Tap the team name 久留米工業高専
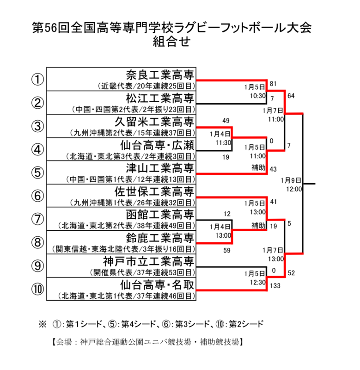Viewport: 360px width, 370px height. point(153,122)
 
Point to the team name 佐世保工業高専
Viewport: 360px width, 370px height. point(153,191)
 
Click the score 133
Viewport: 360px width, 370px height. point(276,286)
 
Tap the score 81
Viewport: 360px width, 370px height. point(273,84)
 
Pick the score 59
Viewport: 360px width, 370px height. point(226,251)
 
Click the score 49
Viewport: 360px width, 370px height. point(226,121)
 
